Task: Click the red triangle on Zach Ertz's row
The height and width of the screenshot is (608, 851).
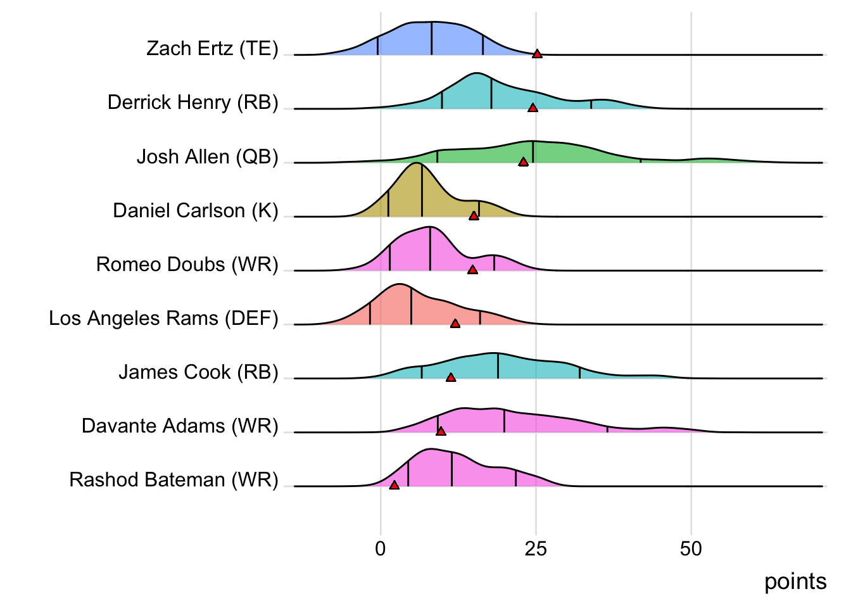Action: pos(537,54)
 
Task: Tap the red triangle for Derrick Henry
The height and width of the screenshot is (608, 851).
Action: pos(533,108)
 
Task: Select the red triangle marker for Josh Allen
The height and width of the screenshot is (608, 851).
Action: pos(523,162)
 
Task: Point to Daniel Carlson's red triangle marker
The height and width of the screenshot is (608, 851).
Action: pos(474,216)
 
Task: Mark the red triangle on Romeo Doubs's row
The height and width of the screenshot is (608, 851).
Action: pos(472,270)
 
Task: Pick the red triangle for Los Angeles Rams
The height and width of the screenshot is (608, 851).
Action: pos(455,324)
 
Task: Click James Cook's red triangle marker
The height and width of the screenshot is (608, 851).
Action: pos(451,377)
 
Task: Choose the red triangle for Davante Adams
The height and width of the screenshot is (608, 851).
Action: pos(441,431)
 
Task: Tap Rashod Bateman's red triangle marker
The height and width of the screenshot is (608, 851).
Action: pos(394,485)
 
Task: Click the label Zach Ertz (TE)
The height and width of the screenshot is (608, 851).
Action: pos(212,49)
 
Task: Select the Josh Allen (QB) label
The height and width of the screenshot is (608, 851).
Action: pos(207,156)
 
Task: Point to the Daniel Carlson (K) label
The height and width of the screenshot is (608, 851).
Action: pos(195,210)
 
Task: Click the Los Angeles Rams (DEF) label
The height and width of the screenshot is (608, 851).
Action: pos(163,318)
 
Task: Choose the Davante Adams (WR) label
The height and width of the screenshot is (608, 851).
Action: pos(180,426)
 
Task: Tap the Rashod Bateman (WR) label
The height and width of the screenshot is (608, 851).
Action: pos(173,479)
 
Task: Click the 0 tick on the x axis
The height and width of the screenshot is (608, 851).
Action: pos(380,548)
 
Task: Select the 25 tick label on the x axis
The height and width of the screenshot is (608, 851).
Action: pos(536,548)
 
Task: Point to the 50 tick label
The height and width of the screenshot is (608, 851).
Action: pos(691,548)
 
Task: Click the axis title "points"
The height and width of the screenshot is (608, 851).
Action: pos(795,581)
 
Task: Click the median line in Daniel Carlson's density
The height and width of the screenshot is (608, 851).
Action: pos(422,190)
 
